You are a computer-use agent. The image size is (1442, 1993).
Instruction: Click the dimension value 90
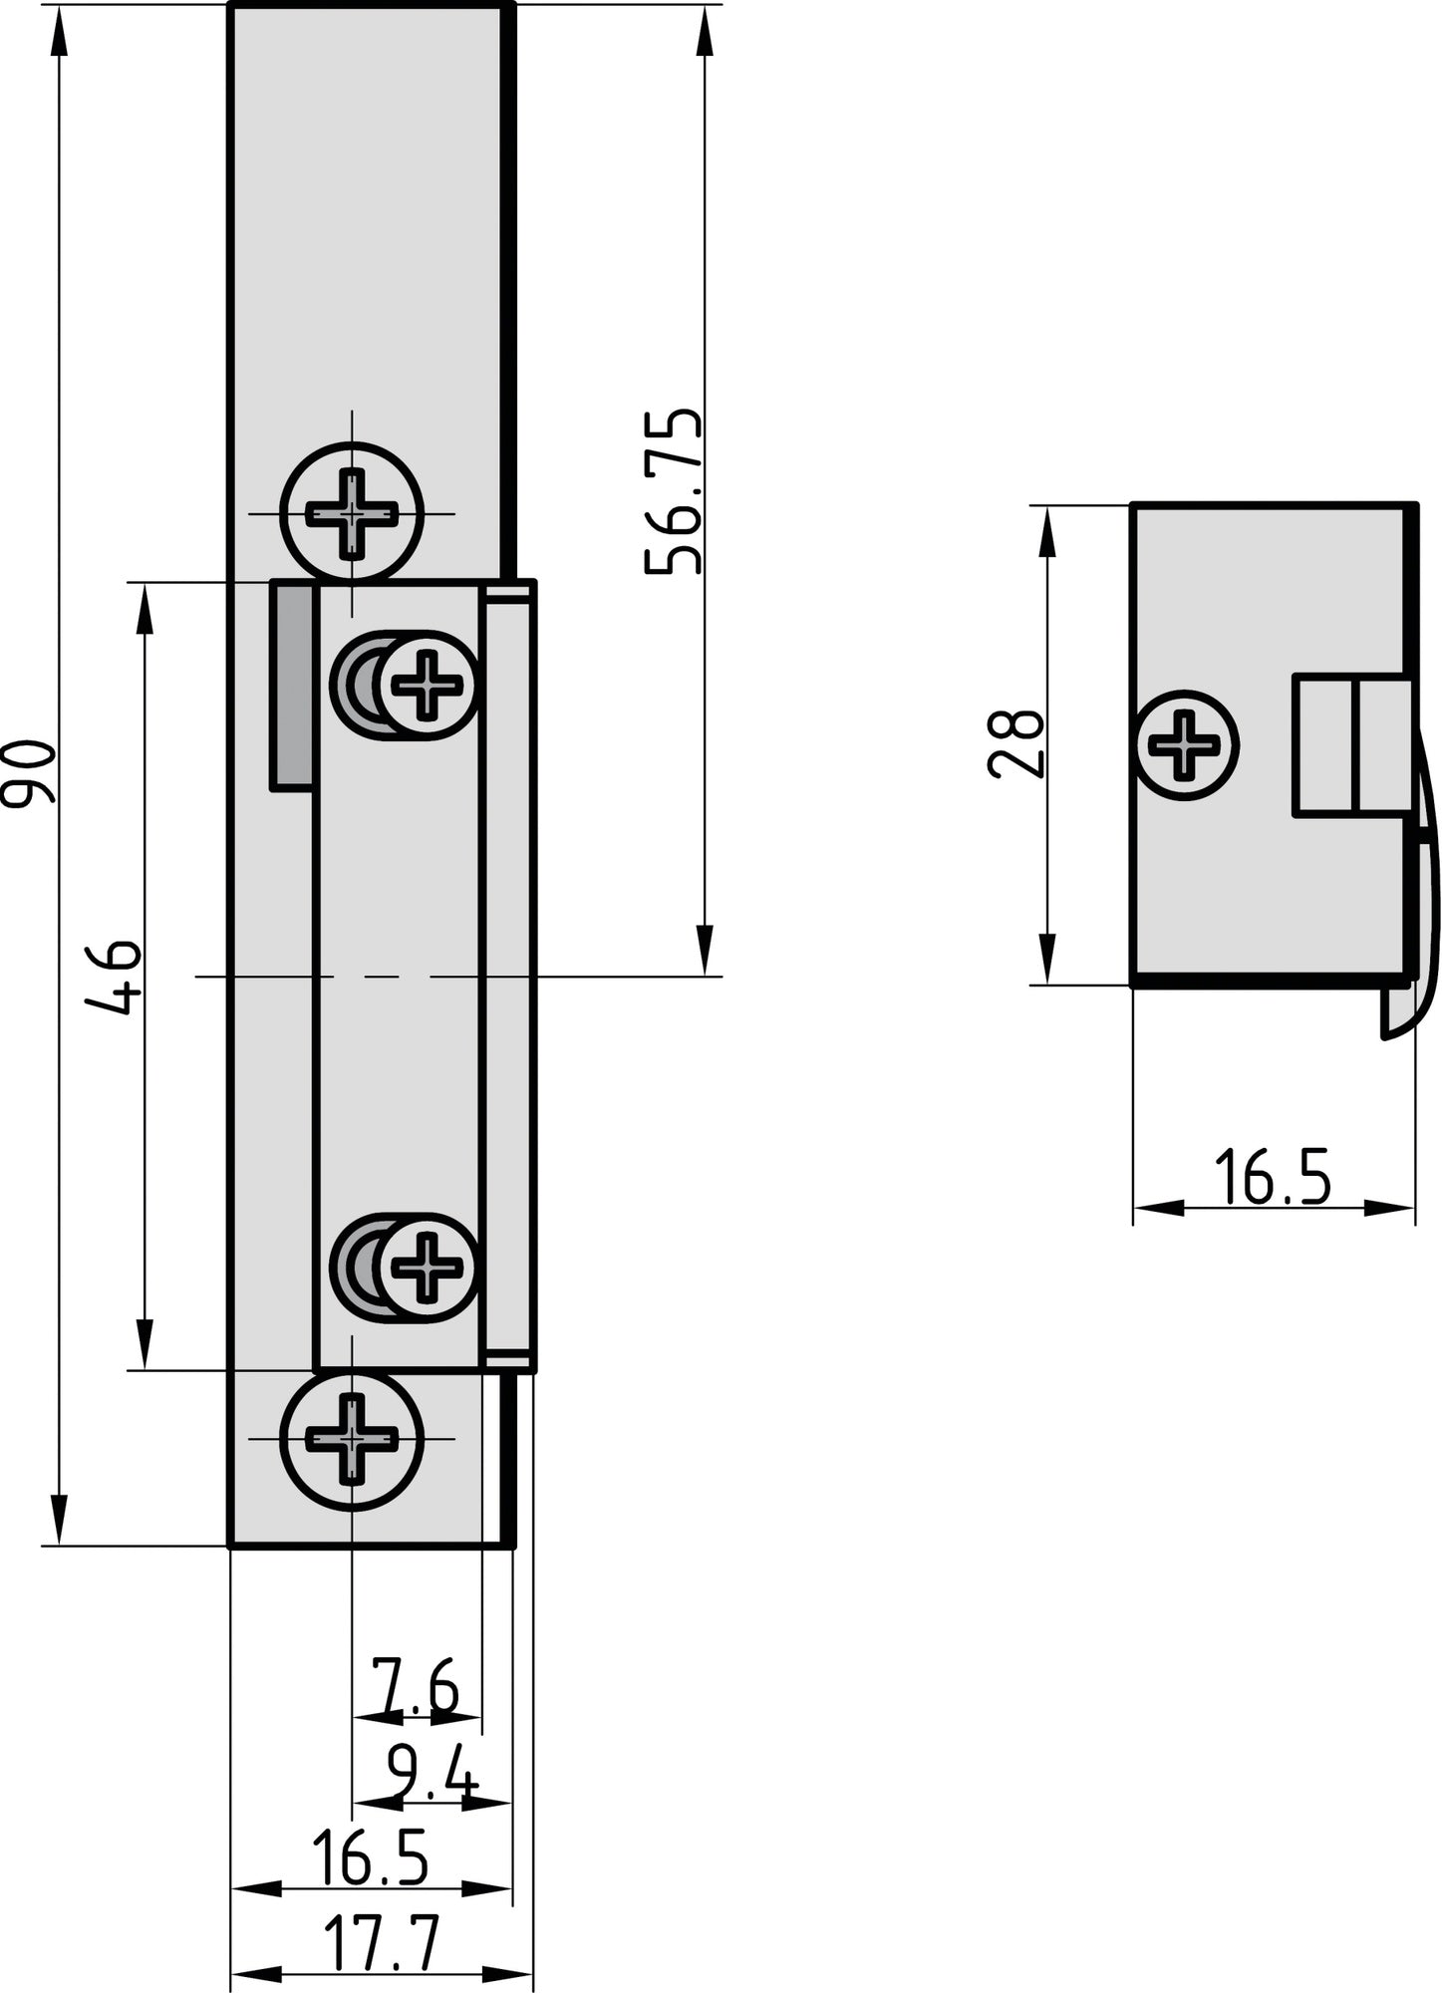click(30, 772)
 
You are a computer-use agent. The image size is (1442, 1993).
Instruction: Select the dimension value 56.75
click(674, 491)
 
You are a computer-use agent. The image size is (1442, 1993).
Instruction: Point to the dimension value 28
click(1015, 743)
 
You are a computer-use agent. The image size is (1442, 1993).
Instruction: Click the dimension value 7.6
click(415, 1685)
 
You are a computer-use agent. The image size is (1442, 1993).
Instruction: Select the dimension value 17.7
click(382, 1945)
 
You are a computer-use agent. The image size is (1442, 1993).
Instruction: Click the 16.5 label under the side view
click(1273, 1177)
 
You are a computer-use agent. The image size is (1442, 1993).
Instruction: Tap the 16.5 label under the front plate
click(370, 1856)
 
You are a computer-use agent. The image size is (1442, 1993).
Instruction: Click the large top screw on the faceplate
click(352, 514)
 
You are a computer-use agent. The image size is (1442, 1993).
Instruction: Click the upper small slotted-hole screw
click(428, 685)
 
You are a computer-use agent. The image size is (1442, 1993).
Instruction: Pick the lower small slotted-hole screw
click(428, 1268)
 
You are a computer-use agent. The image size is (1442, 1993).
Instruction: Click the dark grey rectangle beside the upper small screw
click(292, 687)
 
